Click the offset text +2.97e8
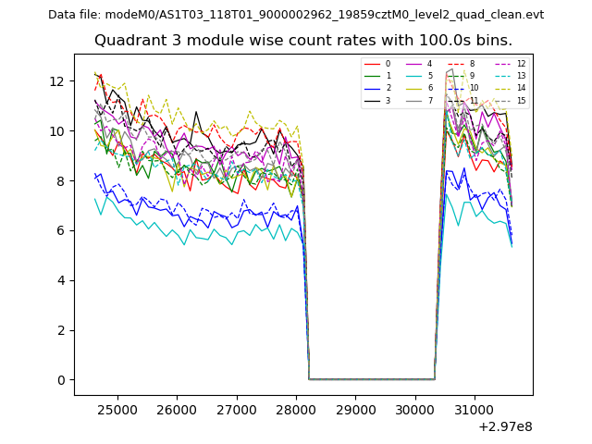tap(505, 426)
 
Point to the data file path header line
tap(296, 15)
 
